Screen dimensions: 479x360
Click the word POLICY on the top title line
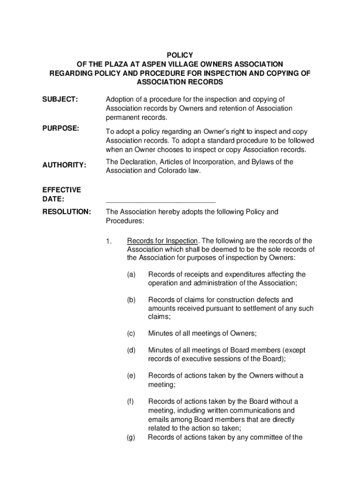[x=180, y=55]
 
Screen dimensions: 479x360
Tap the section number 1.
[x=108, y=241]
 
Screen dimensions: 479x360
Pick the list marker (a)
[x=131, y=275]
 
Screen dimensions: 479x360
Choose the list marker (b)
[x=131, y=300]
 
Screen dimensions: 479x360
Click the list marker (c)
[x=131, y=334]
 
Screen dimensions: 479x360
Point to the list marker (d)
[x=131, y=350]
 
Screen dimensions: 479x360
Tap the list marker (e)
[x=131, y=376]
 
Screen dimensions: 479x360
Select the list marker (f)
[x=130, y=401]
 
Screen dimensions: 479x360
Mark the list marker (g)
[x=131, y=437]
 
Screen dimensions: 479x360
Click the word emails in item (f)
[x=159, y=420]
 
